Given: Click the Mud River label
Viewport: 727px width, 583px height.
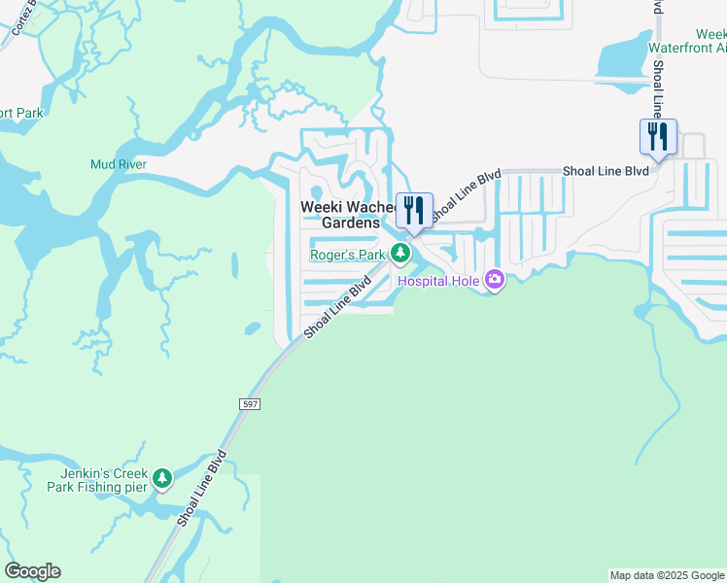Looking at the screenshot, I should tap(119, 164).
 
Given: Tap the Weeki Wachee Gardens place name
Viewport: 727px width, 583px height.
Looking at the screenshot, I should tap(349, 215).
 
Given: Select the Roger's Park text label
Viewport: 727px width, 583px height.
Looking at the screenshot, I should tap(348, 256).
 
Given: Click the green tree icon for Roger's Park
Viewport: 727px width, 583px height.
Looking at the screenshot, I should tap(400, 255).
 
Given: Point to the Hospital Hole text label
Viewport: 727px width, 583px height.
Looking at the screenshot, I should tap(441, 282).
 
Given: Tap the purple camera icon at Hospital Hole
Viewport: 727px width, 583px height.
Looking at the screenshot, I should tap(495, 281).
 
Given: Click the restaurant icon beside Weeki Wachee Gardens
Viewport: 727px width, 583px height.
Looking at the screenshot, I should tap(414, 210).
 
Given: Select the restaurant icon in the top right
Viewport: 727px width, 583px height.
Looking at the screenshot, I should tap(658, 136).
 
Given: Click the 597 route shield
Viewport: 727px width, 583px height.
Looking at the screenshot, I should tap(247, 402).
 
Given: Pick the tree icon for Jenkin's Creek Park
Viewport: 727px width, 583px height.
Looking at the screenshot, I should tap(162, 478).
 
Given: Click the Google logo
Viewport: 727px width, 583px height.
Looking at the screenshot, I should tap(32, 571).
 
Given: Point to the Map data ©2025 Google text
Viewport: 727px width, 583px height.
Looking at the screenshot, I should tap(667, 575).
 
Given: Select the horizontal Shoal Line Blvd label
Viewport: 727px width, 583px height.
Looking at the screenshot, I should tap(605, 171).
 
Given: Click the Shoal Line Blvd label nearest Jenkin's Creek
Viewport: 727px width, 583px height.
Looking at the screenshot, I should tap(202, 488).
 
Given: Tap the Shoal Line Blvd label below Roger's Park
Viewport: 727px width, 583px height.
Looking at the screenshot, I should tap(338, 308).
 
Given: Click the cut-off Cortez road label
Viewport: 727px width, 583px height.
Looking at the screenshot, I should tap(21, 17).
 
